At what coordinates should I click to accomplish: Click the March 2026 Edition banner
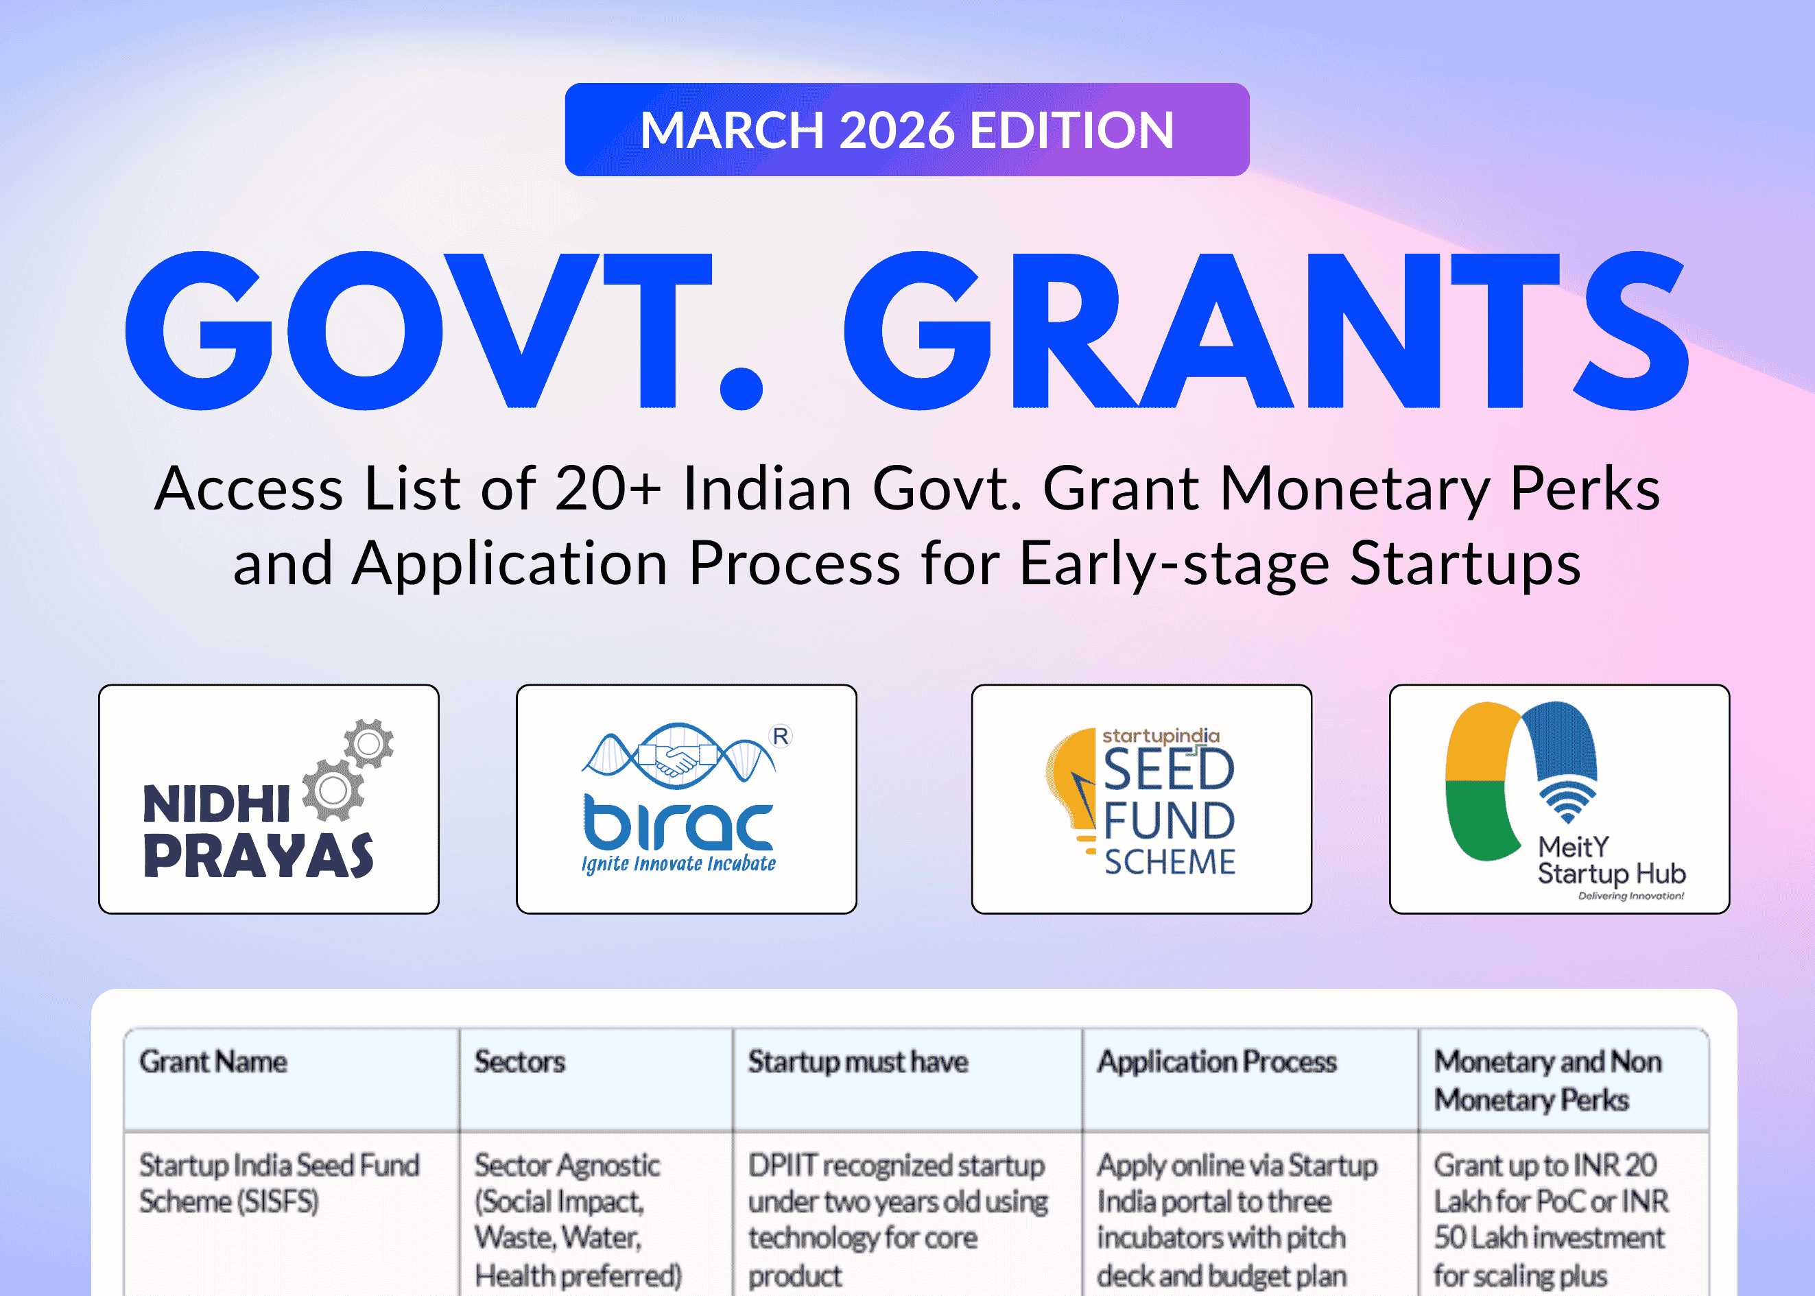click(907, 130)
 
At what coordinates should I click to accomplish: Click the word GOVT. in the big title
click(443, 331)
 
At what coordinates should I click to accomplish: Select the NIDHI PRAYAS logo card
click(268, 799)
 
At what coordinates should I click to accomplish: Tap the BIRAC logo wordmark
click(678, 822)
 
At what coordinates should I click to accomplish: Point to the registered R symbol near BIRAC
click(780, 736)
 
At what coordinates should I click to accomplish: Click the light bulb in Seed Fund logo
click(1073, 786)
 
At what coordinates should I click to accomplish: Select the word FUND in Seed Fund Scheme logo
click(1170, 820)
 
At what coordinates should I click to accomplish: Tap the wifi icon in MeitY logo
click(1567, 802)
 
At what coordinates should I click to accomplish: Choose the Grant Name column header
click(213, 1062)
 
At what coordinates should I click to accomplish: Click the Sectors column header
click(519, 1062)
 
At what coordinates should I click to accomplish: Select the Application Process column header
click(1216, 1062)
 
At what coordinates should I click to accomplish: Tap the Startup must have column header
click(858, 1062)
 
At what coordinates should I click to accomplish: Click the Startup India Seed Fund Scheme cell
click(278, 1184)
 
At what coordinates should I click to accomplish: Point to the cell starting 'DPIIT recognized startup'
click(897, 1219)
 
